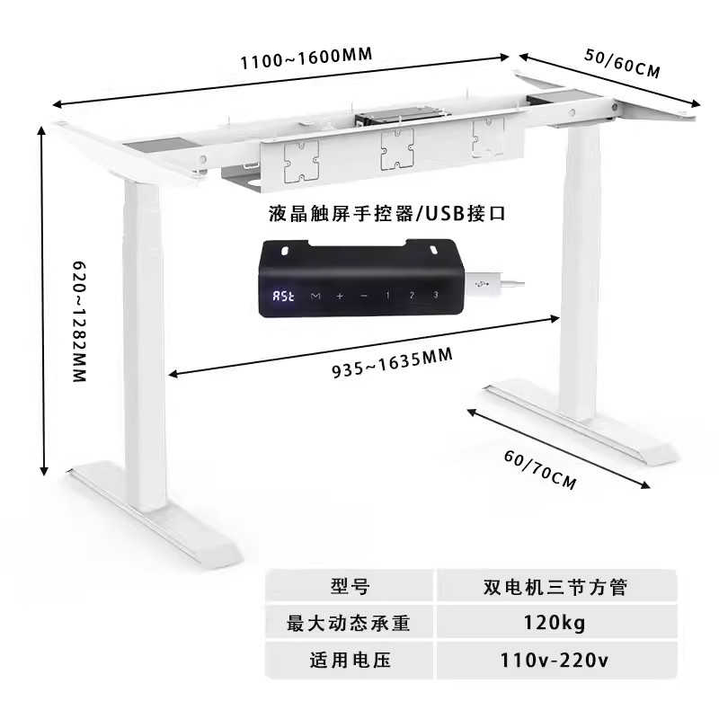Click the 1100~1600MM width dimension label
[x=306, y=58]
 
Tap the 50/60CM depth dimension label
[x=622, y=64]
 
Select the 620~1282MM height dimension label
[x=80, y=322]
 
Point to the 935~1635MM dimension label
[x=392, y=363]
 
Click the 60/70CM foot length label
[x=540, y=470]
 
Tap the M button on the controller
[x=315, y=296]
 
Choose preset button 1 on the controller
[x=387, y=296]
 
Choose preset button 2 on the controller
[x=412, y=295]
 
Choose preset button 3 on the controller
[x=436, y=295]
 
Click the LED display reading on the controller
[x=283, y=296]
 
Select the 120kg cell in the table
[x=556, y=622]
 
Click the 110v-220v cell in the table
[x=556, y=661]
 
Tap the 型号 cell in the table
[x=350, y=586]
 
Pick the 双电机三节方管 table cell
[x=556, y=586]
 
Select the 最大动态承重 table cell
[x=350, y=622]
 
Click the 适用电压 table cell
[x=350, y=661]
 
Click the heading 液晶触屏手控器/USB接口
[x=387, y=214]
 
